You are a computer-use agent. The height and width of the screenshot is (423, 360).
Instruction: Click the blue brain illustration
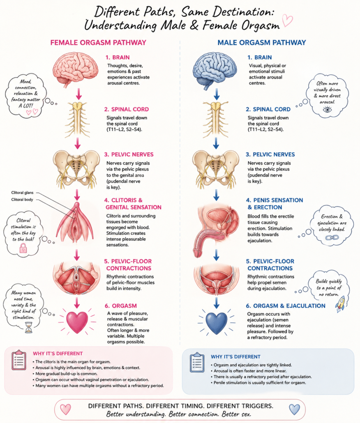point(215,71)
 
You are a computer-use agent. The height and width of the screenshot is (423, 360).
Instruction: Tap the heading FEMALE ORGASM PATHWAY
point(98,43)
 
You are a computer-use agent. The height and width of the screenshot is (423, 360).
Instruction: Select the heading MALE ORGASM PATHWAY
point(262,43)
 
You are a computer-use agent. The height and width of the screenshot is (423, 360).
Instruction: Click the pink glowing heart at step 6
point(77,322)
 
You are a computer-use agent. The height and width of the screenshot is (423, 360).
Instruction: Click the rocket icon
point(340,303)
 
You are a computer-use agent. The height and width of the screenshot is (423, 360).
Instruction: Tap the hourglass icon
point(28,327)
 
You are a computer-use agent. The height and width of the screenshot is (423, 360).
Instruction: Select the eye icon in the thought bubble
point(327,110)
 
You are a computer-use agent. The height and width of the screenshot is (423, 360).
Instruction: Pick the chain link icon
point(332,238)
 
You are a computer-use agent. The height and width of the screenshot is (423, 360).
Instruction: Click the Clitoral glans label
point(23,193)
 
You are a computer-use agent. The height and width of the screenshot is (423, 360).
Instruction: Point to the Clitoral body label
point(22,200)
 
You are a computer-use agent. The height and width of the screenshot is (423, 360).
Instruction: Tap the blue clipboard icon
point(197,362)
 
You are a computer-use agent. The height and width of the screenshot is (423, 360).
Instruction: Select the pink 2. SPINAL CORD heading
point(127,109)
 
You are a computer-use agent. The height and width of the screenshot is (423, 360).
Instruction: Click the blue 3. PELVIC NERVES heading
point(270,154)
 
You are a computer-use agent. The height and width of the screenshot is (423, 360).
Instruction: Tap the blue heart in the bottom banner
point(294,409)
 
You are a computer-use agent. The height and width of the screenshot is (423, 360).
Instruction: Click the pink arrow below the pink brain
point(78,94)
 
